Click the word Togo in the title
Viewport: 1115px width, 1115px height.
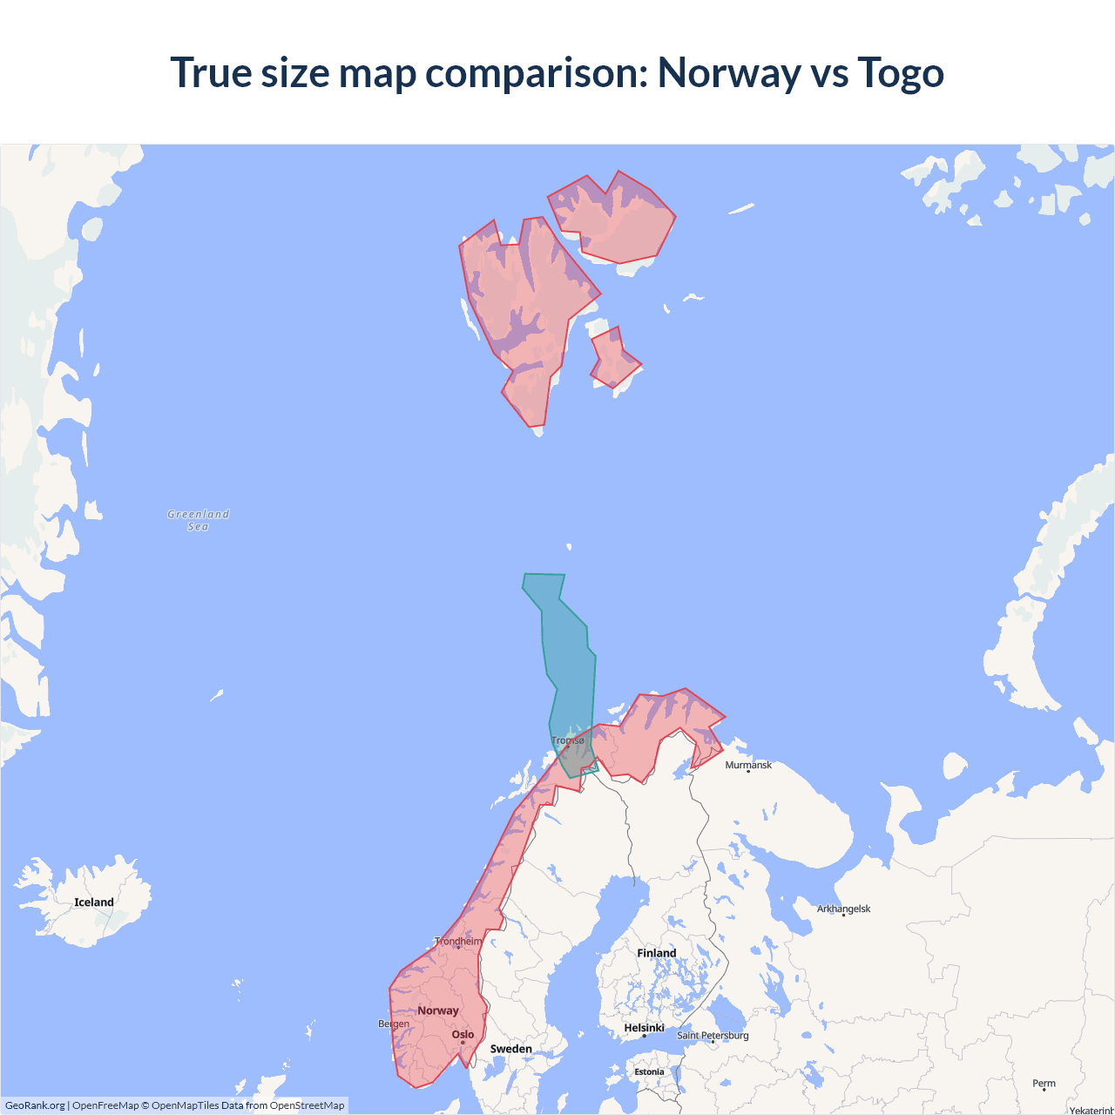point(900,73)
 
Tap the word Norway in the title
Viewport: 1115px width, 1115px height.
point(729,73)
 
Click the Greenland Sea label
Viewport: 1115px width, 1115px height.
point(199,520)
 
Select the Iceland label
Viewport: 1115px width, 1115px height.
point(94,902)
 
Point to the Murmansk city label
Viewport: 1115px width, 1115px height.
point(748,765)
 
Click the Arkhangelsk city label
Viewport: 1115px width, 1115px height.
point(843,909)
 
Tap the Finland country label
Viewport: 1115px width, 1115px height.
point(656,953)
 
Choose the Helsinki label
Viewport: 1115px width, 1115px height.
point(644,1028)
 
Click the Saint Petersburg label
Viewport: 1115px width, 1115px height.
point(713,1035)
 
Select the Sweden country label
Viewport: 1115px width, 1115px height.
point(510,1049)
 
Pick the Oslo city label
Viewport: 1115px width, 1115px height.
point(463,1035)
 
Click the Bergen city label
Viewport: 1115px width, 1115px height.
point(394,1024)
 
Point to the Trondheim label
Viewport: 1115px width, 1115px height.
point(458,941)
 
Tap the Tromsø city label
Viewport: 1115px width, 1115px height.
point(568,740)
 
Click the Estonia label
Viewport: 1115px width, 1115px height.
point(649,1071)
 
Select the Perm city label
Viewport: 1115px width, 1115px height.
point(1044,1084)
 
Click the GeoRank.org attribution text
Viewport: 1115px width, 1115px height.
point(35,1105)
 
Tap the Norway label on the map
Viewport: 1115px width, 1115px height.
point(437,1010)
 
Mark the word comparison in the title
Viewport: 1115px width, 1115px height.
point(536,73)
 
